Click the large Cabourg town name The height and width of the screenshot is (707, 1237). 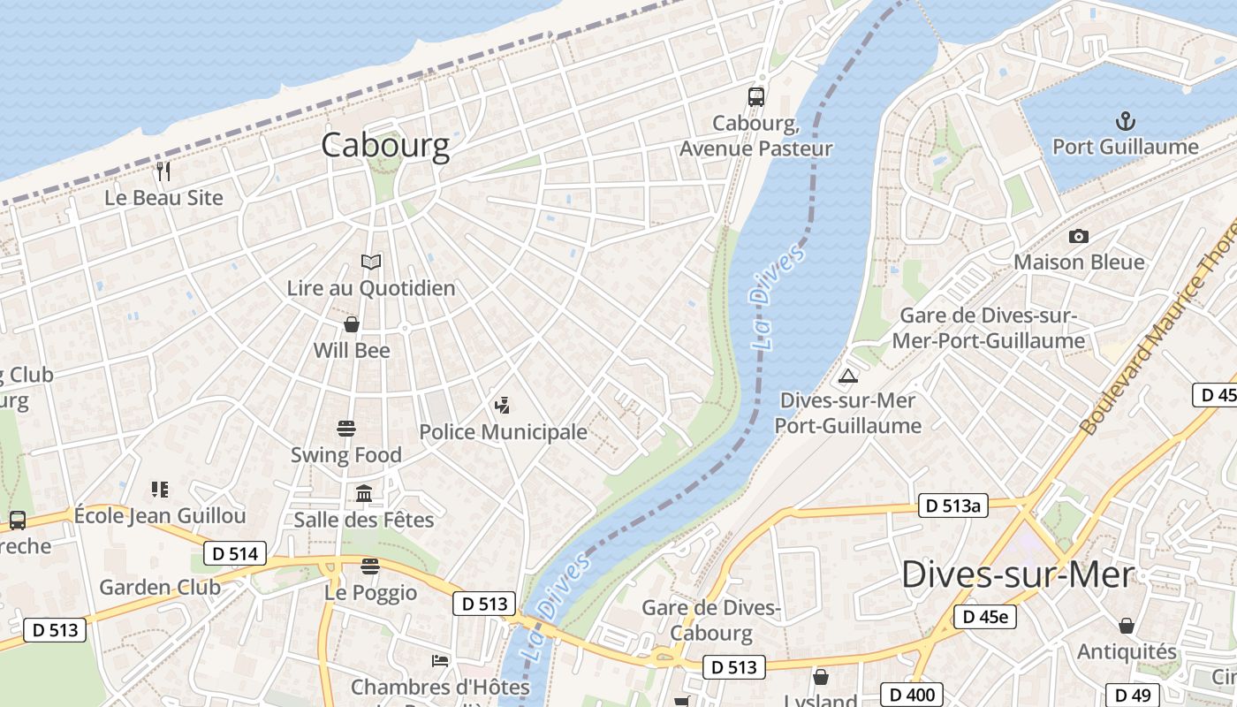point(385,145)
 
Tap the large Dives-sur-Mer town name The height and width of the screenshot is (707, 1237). point(1017,575)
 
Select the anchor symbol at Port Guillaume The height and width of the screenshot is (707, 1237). point(1126,121)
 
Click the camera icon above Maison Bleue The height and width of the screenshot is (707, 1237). point(1078,236)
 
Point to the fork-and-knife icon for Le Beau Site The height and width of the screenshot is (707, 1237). point(163,171)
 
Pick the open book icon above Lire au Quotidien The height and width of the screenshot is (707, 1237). point(371,262)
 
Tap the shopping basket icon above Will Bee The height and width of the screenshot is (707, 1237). point(352,324)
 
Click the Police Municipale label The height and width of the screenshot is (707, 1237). point(503,432)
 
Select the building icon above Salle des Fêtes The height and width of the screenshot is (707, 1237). point(364,493)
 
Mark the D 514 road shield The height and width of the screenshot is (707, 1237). point(235,554)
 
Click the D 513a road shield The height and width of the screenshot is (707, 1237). point(952,506)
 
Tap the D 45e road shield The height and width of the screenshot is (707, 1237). point(985,616)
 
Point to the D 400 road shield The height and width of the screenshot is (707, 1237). point(913,695)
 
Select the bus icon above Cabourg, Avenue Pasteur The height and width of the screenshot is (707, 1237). point(755,97)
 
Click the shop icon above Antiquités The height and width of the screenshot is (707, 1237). point(1127,626)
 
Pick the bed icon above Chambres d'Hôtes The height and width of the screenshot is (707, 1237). point(440,660)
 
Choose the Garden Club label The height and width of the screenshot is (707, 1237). point(160,587)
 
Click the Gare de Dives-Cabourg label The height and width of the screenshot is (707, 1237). point(711,620)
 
